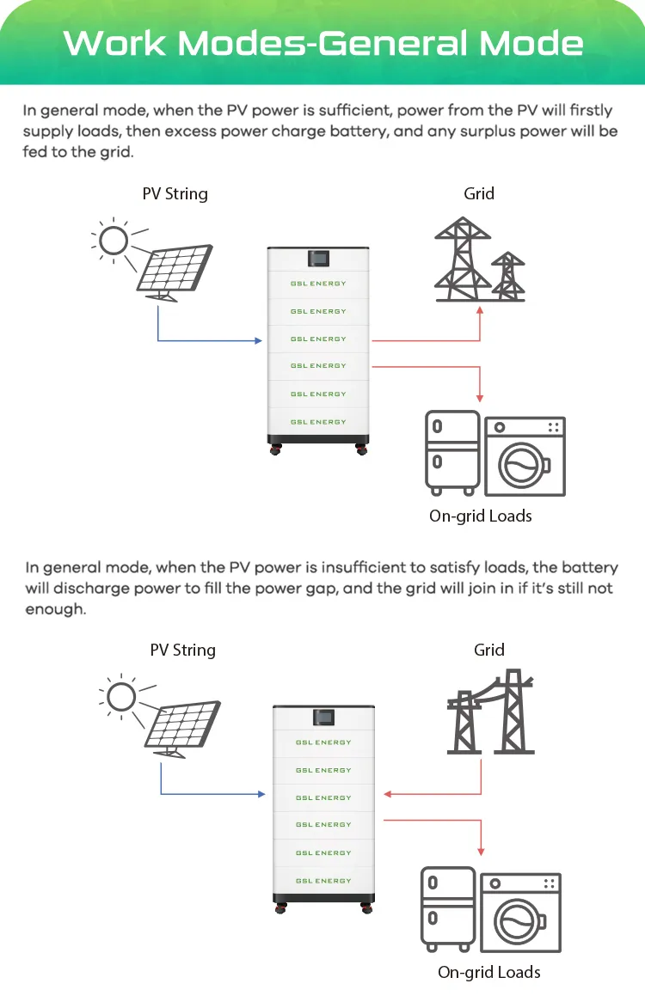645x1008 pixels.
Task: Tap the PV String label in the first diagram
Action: pos(175,193)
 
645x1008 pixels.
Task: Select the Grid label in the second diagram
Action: pos(488,650)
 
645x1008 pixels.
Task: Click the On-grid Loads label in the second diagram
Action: pos(488,972)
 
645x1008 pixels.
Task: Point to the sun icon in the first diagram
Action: pos(113,240)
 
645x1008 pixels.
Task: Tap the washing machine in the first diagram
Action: pos(525,456)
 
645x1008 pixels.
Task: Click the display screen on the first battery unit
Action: pos(318,258)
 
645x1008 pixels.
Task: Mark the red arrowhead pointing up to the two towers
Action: pos(480,309)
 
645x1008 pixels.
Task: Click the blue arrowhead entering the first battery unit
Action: pos(257,341)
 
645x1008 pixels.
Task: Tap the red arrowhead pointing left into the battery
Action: pos(389,794)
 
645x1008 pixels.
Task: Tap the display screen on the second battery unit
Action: pos(323,716)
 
